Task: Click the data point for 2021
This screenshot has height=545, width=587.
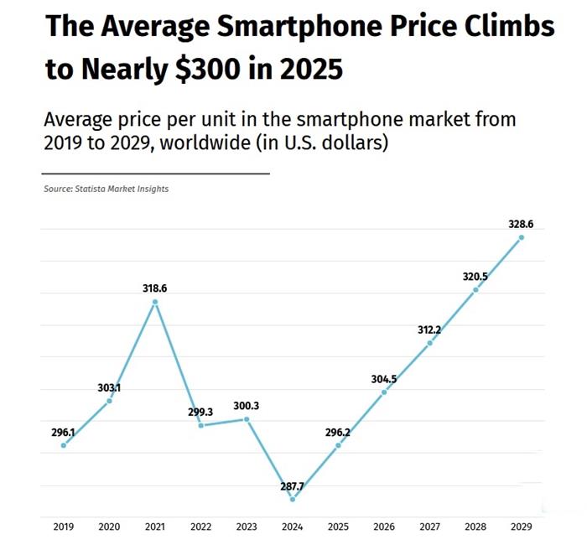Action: pos(155,302)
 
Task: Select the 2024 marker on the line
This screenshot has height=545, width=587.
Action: pos(293,499)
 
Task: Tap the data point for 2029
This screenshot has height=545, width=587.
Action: pos(522,237)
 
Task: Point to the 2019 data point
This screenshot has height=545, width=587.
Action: pos(64,445)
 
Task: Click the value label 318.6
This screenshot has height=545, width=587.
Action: pos(155,288)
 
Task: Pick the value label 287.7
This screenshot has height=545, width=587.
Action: pos(293,485)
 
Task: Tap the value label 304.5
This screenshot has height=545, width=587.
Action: pos(384,379)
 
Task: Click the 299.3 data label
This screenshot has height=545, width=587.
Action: pos(201,413)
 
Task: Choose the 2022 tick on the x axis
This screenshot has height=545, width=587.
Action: pos(201,527)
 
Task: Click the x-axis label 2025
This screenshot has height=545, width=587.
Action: pos(338,527)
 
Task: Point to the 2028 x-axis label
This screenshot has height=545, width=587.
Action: pos(475,527)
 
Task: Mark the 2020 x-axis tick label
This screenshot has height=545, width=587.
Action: pos(109,527)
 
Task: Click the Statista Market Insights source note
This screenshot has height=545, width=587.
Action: pos(106,189)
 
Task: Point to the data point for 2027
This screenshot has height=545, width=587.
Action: pos(429,342)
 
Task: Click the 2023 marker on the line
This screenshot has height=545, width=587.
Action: pos(247,419)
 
